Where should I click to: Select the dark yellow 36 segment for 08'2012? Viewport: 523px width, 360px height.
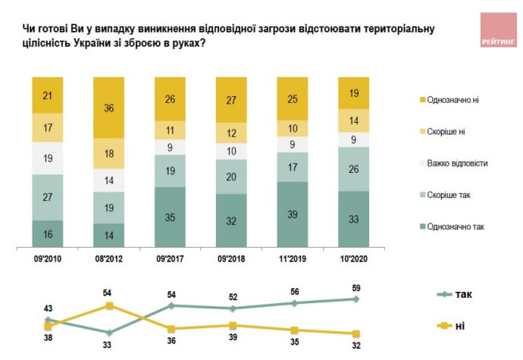click(x=110, y=107)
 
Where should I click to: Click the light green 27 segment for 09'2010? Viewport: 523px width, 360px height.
click(x=48, y=197)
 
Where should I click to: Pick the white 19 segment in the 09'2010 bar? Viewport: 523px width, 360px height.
click(x=48, y=159)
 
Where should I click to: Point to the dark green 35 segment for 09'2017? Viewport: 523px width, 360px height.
click(x=171, y=217)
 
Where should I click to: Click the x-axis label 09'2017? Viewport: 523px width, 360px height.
click(x=171, y=258)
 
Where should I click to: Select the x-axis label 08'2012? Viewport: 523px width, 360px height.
click(x=110, y=258)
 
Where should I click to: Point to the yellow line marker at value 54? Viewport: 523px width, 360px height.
click(x=110, y=305)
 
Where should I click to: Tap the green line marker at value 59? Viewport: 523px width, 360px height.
click(x=356, y=299)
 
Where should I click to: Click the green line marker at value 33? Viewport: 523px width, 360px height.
click(x=110, y=332)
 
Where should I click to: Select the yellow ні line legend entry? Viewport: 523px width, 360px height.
click(x=454, y=326)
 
